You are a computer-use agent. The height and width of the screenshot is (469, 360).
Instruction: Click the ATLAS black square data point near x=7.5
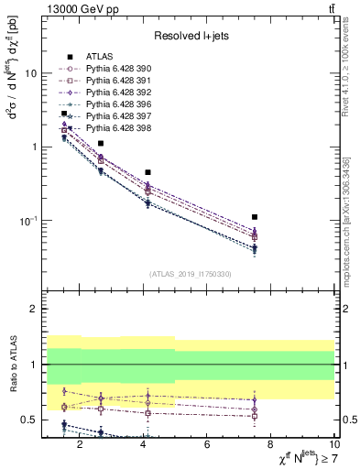[255, 217]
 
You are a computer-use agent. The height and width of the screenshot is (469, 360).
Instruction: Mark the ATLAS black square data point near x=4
[147, 172]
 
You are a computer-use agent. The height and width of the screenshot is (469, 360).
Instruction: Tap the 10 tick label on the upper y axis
[30, 73]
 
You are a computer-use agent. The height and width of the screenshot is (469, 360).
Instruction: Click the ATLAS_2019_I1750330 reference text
[189, 274]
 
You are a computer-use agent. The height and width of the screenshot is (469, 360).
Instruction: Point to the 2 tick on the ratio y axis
[33, 309]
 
